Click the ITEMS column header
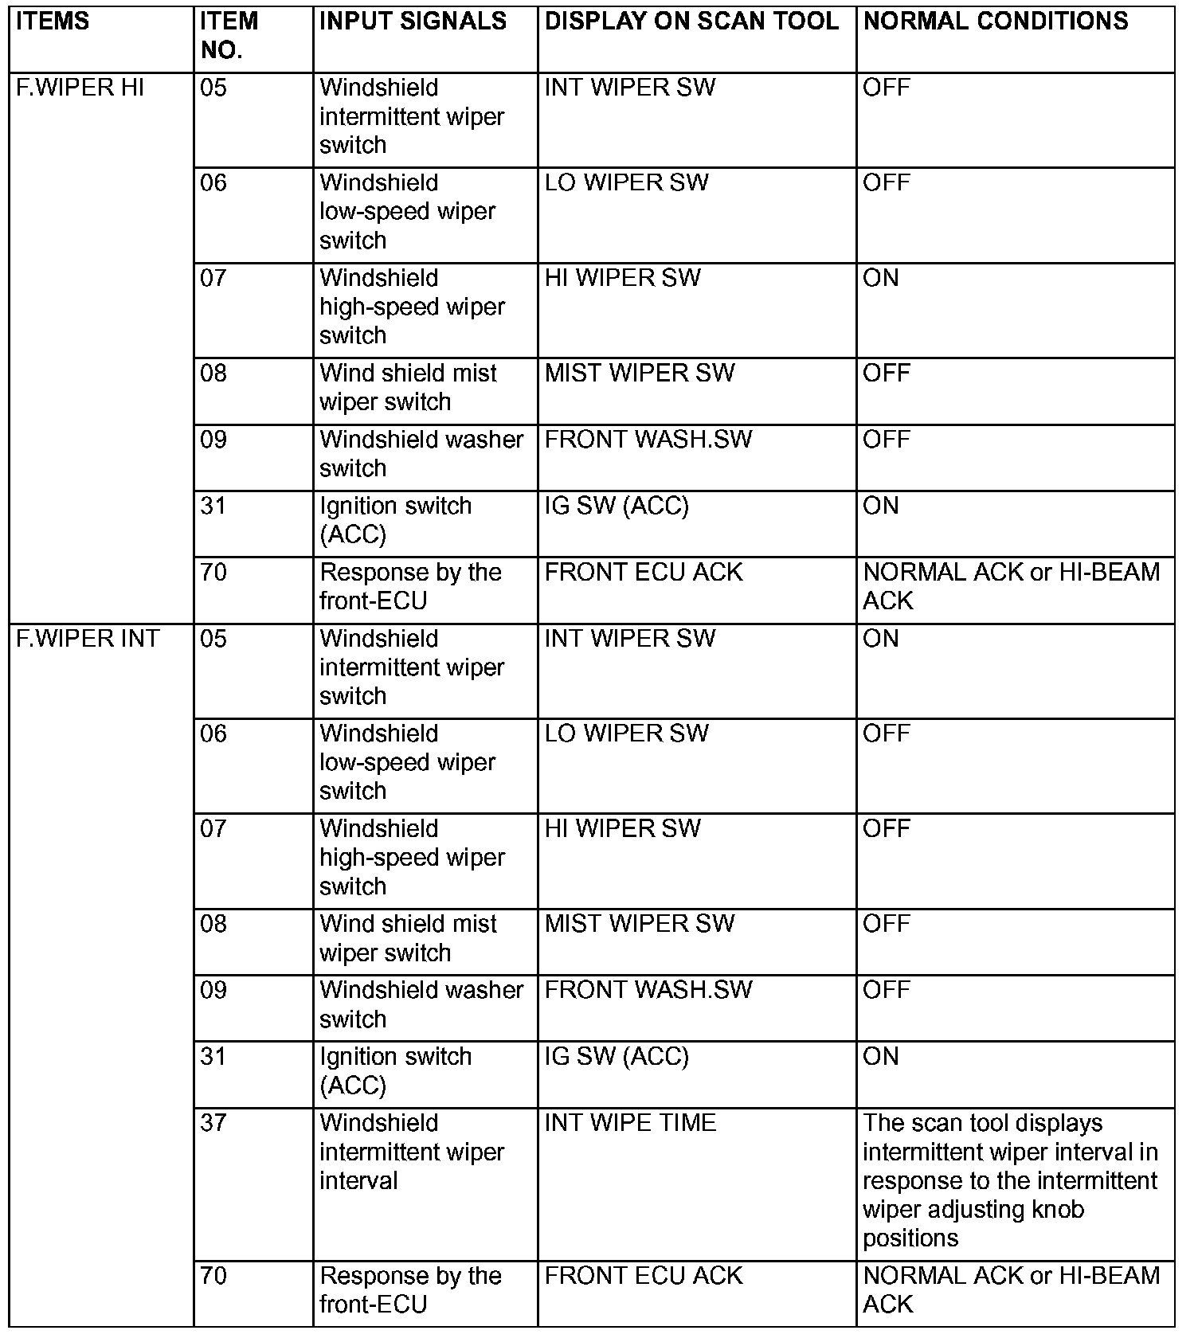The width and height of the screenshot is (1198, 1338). click(53, 22)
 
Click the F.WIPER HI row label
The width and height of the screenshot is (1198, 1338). click(80, 88)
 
